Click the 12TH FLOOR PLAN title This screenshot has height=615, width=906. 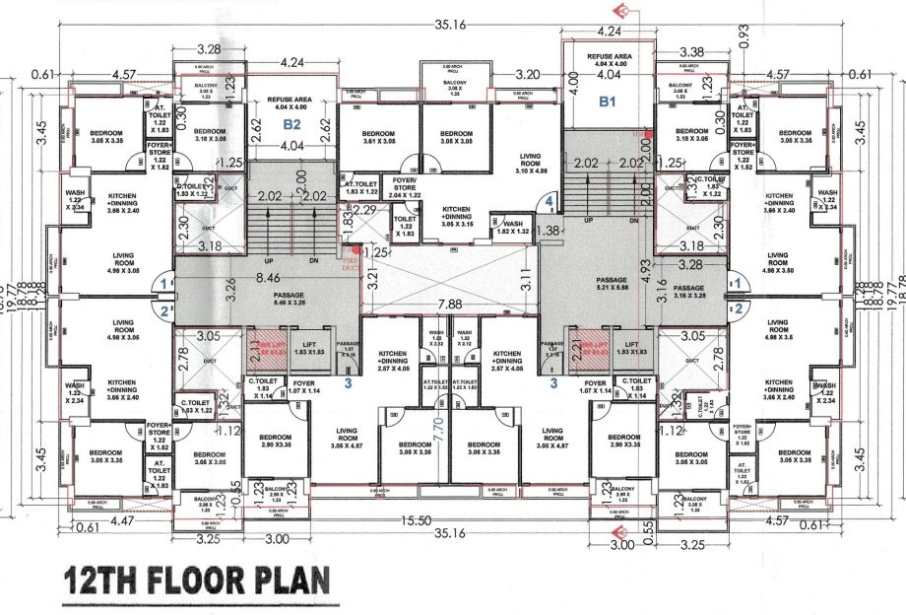[196, 579]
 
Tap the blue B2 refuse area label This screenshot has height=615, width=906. [291, 124]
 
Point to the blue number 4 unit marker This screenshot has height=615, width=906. [549, 204]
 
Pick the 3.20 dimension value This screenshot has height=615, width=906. [528, 74]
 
